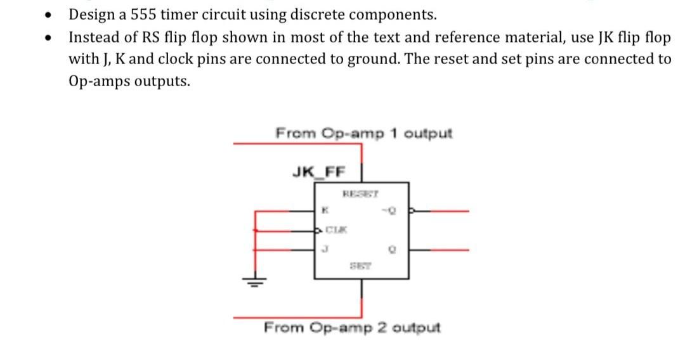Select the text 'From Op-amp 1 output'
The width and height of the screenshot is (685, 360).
tap(364, 134)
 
